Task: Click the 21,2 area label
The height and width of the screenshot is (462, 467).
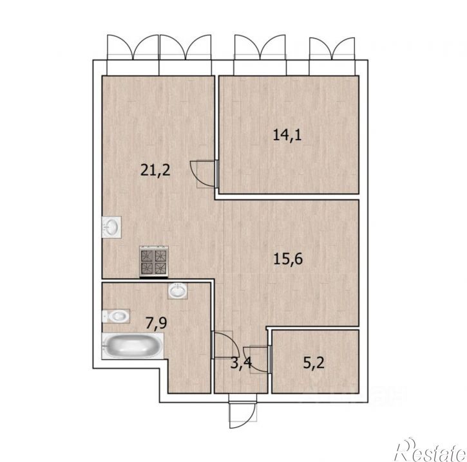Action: point(155,171)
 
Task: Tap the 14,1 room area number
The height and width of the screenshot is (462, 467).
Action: point(287,135)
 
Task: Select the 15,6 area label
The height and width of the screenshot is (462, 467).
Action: point(288,259)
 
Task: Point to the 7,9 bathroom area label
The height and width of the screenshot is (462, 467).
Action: point(156,324)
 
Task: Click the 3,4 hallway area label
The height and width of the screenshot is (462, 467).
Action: point(241,363)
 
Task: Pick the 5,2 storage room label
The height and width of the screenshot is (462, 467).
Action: point(314,363)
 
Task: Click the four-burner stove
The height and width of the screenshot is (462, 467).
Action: point(154,261)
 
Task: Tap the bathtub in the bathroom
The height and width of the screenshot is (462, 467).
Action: point(133,346)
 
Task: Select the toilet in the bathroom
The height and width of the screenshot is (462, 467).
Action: point(116,316)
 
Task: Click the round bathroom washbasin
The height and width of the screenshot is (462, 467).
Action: point(178,291)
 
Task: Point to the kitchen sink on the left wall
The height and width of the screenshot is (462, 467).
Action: point(111,227)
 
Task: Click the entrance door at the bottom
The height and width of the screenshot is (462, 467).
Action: point(242,412)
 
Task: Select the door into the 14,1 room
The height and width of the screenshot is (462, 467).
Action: point(205,174)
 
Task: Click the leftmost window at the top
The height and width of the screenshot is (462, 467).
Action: point(133,55)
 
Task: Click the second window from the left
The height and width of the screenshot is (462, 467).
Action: point(186,55)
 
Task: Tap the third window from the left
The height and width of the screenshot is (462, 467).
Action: point(260,55)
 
